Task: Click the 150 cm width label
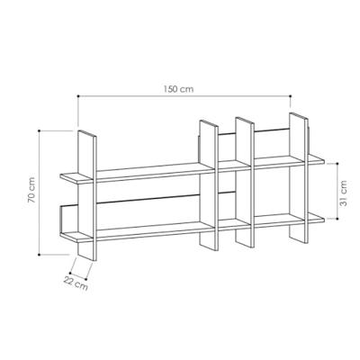178,89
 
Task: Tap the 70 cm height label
31,190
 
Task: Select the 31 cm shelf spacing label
343,193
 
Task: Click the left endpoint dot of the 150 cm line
78,96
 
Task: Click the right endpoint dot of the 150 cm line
291,96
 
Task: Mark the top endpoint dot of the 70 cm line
40,130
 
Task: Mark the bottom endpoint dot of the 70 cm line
40,255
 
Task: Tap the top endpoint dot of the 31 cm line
337,164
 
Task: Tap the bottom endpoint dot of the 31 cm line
337,219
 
